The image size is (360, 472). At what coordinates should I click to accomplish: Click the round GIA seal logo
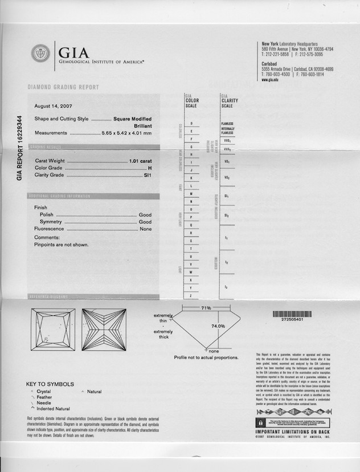40,54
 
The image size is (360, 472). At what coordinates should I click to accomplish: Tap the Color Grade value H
150,168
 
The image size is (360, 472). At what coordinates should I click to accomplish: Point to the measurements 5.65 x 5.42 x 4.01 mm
126,133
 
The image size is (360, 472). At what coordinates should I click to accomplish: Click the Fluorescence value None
146,229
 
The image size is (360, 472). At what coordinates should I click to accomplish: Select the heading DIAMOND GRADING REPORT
63,87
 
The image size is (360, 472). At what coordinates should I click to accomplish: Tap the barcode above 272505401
292,314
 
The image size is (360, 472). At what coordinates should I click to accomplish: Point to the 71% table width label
206,308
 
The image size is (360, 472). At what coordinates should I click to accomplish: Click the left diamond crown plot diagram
53,329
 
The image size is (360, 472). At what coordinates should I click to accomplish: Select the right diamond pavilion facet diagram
104,329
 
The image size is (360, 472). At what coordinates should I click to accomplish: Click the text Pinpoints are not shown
62,245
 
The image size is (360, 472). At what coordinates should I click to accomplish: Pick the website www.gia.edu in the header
270,80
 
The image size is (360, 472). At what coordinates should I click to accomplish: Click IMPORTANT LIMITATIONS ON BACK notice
292,433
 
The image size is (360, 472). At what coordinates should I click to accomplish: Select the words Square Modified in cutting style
133,119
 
